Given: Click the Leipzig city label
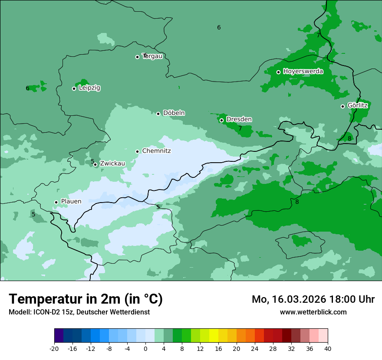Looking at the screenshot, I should (89, 88).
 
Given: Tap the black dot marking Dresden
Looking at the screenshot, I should (221, 120).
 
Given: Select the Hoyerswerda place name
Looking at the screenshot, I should (303, 71).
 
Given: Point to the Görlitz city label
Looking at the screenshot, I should (357, 105).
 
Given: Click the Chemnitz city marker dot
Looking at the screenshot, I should (137, 151).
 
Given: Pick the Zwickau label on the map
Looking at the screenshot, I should (112, 164).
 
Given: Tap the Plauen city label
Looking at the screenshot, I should (71, 201).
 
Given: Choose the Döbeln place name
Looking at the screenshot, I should (174, 113).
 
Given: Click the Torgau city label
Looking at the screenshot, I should (152, 56).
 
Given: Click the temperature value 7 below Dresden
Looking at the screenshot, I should (240, 128).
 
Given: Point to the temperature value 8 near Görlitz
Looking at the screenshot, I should (349, 138).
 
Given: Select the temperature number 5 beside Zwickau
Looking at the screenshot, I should (92, 161).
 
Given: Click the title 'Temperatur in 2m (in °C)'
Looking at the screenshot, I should (86, 299).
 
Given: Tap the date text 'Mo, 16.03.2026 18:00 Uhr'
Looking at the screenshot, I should (313, 299).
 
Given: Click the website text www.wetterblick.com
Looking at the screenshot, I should (313, 312).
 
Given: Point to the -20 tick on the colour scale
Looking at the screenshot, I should (54, 349).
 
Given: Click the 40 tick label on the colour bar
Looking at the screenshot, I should (328, 349).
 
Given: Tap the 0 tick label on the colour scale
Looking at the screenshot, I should (145, 349).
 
